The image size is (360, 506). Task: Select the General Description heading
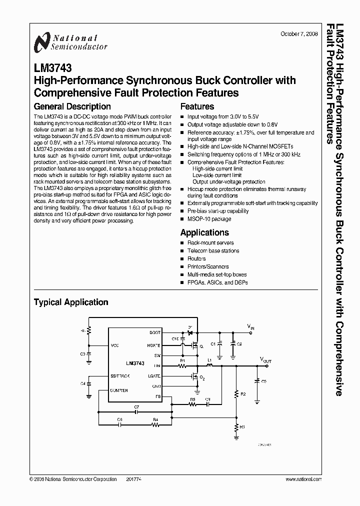(x=72, y=106)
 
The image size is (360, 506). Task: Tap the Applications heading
(x=204, y=232)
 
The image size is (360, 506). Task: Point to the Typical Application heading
(x=70, y=302)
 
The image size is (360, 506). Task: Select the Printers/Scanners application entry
(x=208, y=266)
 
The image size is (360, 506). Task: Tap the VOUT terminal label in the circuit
(x=265, y=359)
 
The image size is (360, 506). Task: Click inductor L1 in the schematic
(x=210, y=365)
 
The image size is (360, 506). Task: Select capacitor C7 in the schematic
(x=136, y=413)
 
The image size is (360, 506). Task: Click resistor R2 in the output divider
(x=236, y=394)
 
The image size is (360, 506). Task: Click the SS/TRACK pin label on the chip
(x=119, y=375)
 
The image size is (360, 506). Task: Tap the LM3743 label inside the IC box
(x=135, y=363)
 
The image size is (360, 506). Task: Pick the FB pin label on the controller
(x=157, y=396)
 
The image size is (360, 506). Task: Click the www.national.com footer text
(x=303, y=479)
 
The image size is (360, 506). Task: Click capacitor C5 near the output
(x=257, y=381)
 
